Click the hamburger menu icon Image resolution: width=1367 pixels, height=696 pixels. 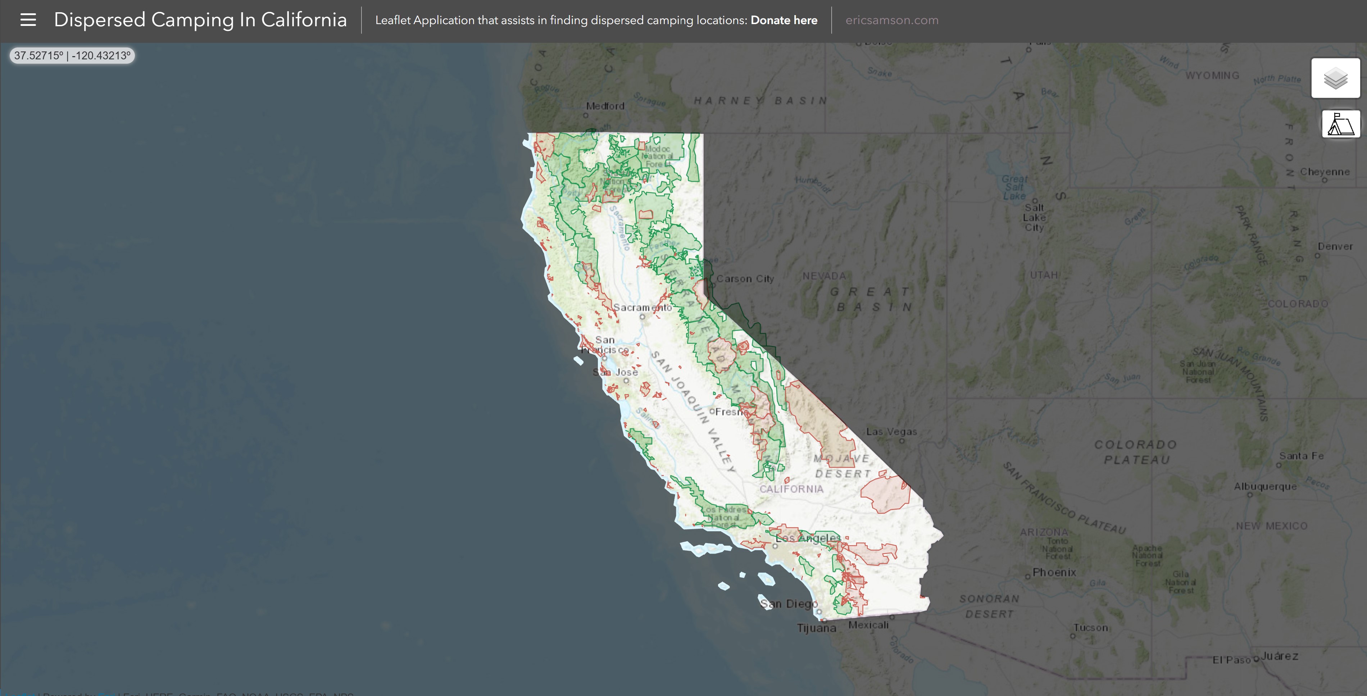(28, 20)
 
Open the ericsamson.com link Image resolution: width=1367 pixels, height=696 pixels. (891, 20)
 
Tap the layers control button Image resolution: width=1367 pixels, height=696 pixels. (1335, 78)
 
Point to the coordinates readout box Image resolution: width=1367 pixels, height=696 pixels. (72, 56)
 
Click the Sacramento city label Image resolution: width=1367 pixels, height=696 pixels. (642, 308)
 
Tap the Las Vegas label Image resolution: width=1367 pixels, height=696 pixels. (891, 432)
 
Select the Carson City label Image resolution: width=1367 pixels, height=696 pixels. (745, 279)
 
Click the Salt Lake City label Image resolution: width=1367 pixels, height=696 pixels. (1034, 218)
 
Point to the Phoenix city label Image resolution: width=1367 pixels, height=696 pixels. (1054, 572)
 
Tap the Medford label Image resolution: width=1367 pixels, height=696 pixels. (605, 106)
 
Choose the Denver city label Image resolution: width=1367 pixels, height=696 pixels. (1335, 247)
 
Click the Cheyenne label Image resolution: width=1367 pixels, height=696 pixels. (1325, 172)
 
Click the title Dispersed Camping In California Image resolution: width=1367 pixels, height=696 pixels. (200, 20)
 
